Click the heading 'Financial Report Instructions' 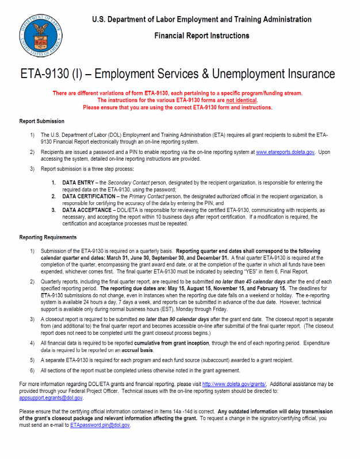(202, 36)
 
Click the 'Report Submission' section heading (41, 121)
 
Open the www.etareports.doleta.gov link (285, 152)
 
